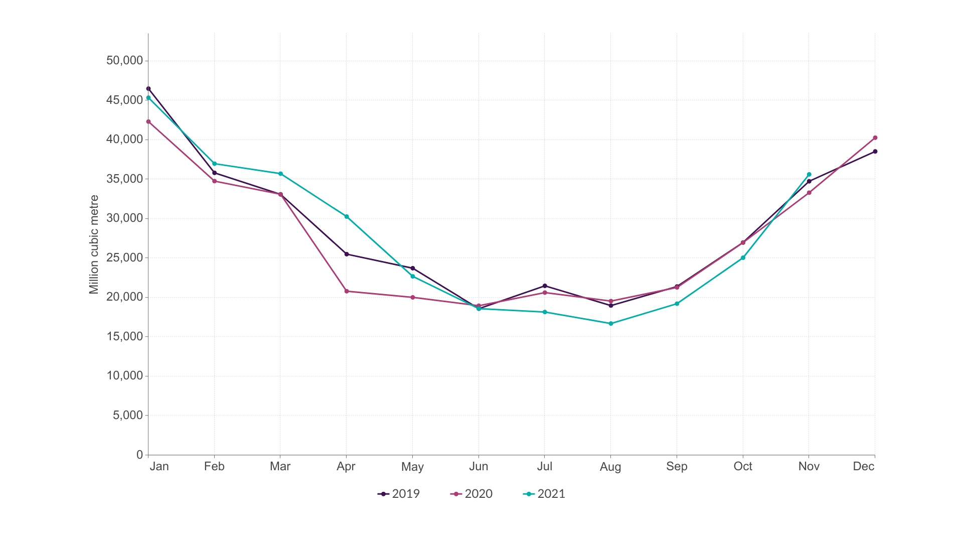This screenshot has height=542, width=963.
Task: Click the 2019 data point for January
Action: [148, 89]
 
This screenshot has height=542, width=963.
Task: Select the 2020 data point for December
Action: [875, 138]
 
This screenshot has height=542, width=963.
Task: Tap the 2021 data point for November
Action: [809, 175]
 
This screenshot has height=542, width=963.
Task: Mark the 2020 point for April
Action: [347, 291]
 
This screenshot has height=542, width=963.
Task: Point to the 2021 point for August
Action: [611, 324]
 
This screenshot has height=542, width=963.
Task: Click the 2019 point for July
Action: [545, 286]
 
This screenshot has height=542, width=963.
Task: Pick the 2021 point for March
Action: [280, 174]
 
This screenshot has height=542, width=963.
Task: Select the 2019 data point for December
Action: [875, 152]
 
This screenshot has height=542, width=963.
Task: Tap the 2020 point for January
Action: [148, 121]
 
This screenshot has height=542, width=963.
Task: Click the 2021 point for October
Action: [743, 258]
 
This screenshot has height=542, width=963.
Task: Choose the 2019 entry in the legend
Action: [399, 494]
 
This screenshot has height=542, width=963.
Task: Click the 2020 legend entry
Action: [471, 494]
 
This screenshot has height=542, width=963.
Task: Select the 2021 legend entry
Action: [544, 494]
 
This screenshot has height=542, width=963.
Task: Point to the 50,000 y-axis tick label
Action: [124, 61]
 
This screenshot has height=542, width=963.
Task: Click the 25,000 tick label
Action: [124, 258]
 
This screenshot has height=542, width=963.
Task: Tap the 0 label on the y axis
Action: [139, 455]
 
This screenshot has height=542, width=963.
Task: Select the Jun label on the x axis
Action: [478, 467]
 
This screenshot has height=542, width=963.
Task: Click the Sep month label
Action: [677, 467]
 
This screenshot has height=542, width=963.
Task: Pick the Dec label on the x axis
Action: [863, 467]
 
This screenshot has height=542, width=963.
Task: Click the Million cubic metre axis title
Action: [94, 244]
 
